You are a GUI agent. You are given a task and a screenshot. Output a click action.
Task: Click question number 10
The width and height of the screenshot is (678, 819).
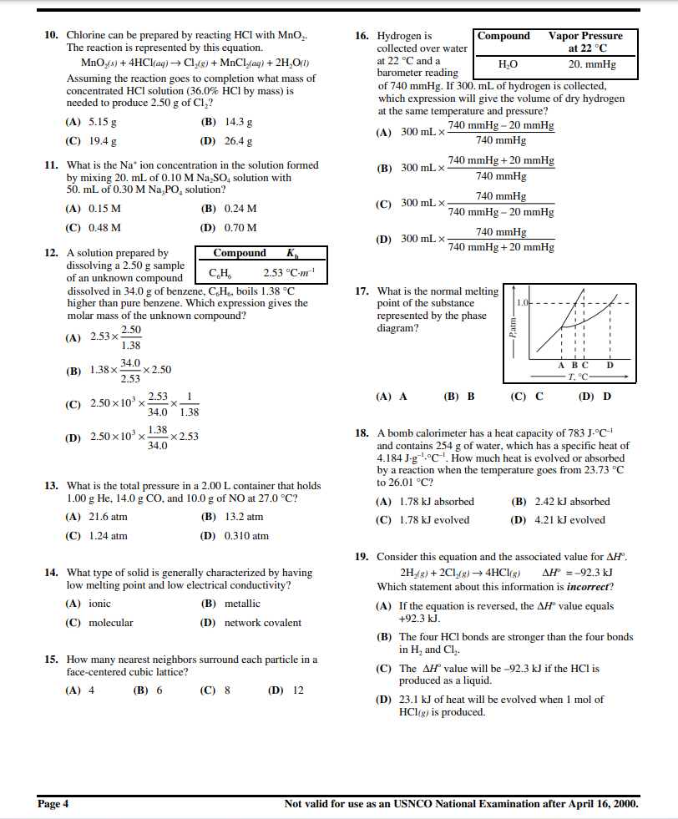(x=50, y=36)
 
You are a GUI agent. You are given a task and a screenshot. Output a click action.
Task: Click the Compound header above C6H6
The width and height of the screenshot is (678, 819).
(x=240, y=253)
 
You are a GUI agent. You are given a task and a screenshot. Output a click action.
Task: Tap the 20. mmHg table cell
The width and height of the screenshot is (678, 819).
(x=592, y=64)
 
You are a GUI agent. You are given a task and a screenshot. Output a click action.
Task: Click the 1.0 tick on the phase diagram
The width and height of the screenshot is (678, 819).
(x=523, y=301)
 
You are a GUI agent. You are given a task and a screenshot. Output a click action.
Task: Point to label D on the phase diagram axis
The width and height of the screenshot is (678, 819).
(x=610, y=364)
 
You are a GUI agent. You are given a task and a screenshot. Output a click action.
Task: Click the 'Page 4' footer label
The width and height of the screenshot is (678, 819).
(x=53, y=804)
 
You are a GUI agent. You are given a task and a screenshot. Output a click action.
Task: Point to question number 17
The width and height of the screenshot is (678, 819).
(x=362, y=291)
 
